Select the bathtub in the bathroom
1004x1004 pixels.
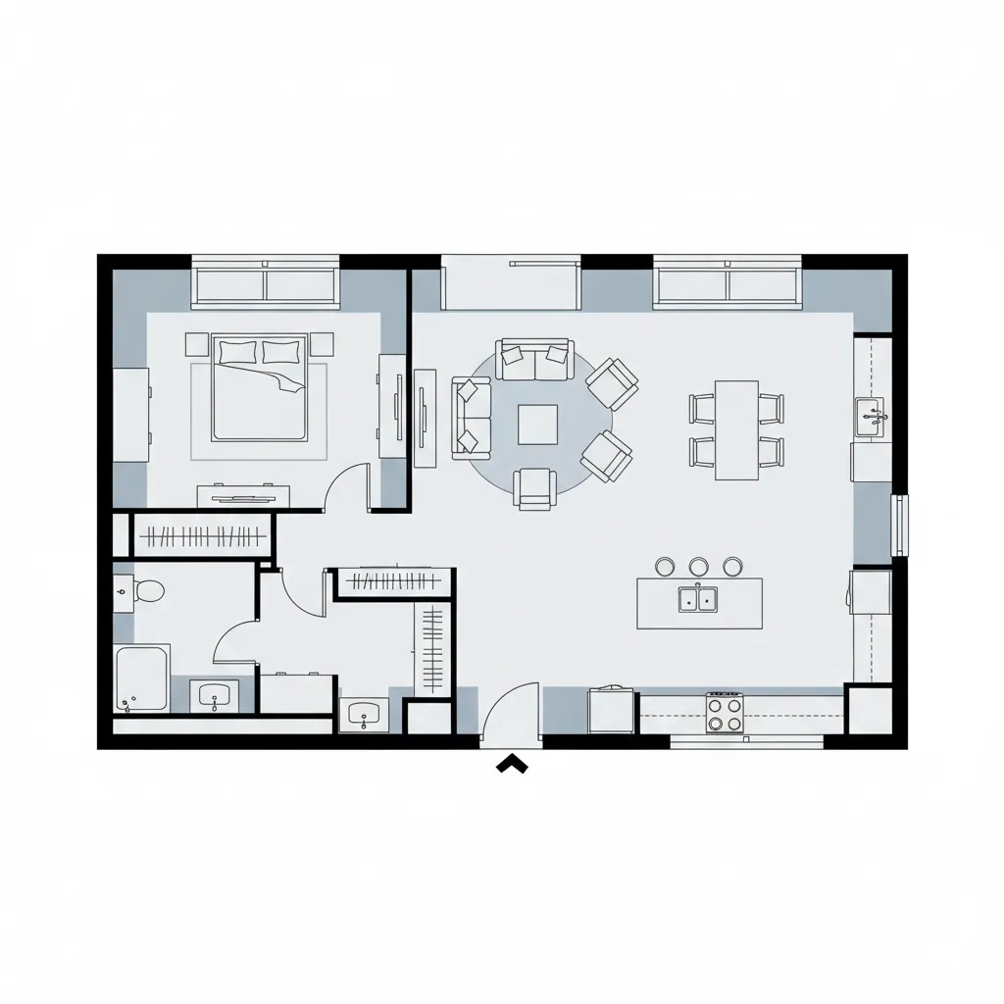point(141,678)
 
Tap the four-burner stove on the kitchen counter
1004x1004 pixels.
point(725,712)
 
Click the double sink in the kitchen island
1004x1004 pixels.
point(699,598)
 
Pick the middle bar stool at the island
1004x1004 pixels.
point(699,566)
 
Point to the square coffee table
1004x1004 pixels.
point(537,424)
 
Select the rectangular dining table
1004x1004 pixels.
point(736,429)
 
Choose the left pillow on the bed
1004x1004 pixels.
point(237,352)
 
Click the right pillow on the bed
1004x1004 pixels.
point(281,352)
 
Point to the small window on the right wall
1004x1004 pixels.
point(899,526)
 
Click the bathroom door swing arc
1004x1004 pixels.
point(235,641)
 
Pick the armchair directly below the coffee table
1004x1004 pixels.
point(535,487)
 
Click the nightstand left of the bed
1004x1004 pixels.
point(196,344)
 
